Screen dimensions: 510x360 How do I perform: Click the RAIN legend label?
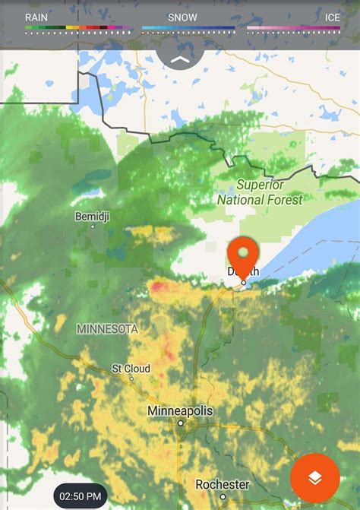[x=36, y=17]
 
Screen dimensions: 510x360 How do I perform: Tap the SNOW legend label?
[x=182, y=17]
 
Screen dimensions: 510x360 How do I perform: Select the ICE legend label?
[x=332, y=17]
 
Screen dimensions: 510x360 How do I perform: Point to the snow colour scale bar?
[x=188, y=27]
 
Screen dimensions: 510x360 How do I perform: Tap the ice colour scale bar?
[x=293, y=27]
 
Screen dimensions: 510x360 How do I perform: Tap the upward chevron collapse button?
[x=180, y=59]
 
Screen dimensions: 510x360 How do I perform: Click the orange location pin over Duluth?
[x=243, y=254]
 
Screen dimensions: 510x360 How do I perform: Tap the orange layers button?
[x=315, y=477]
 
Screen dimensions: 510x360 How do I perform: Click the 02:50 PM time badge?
[x=80, y=496]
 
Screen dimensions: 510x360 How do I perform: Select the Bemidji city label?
[x=93, y=217]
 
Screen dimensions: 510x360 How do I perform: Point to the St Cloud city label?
[x=131, y=369]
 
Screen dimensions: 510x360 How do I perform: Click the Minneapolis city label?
[x=180, y=411]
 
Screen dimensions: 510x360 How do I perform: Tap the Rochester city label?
[x=223, y=484]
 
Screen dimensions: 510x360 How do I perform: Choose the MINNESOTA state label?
[x=107, y=329]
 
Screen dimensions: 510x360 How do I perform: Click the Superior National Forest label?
[x=260, y=192]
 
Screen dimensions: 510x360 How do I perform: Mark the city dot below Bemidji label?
[x=93, y=226]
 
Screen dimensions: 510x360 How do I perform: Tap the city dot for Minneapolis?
[x=181, y=423]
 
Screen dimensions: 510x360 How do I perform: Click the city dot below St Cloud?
[x=131, y=379]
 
